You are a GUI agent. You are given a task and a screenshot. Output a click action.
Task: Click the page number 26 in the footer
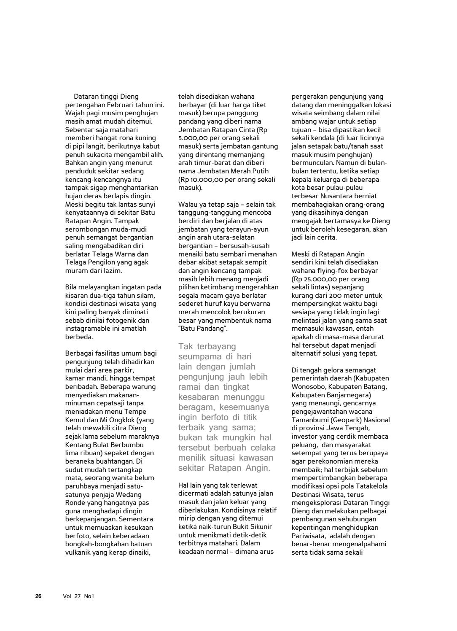[x=38, y=596]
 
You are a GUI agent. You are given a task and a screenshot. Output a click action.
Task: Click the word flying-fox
[x=332, y=271]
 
